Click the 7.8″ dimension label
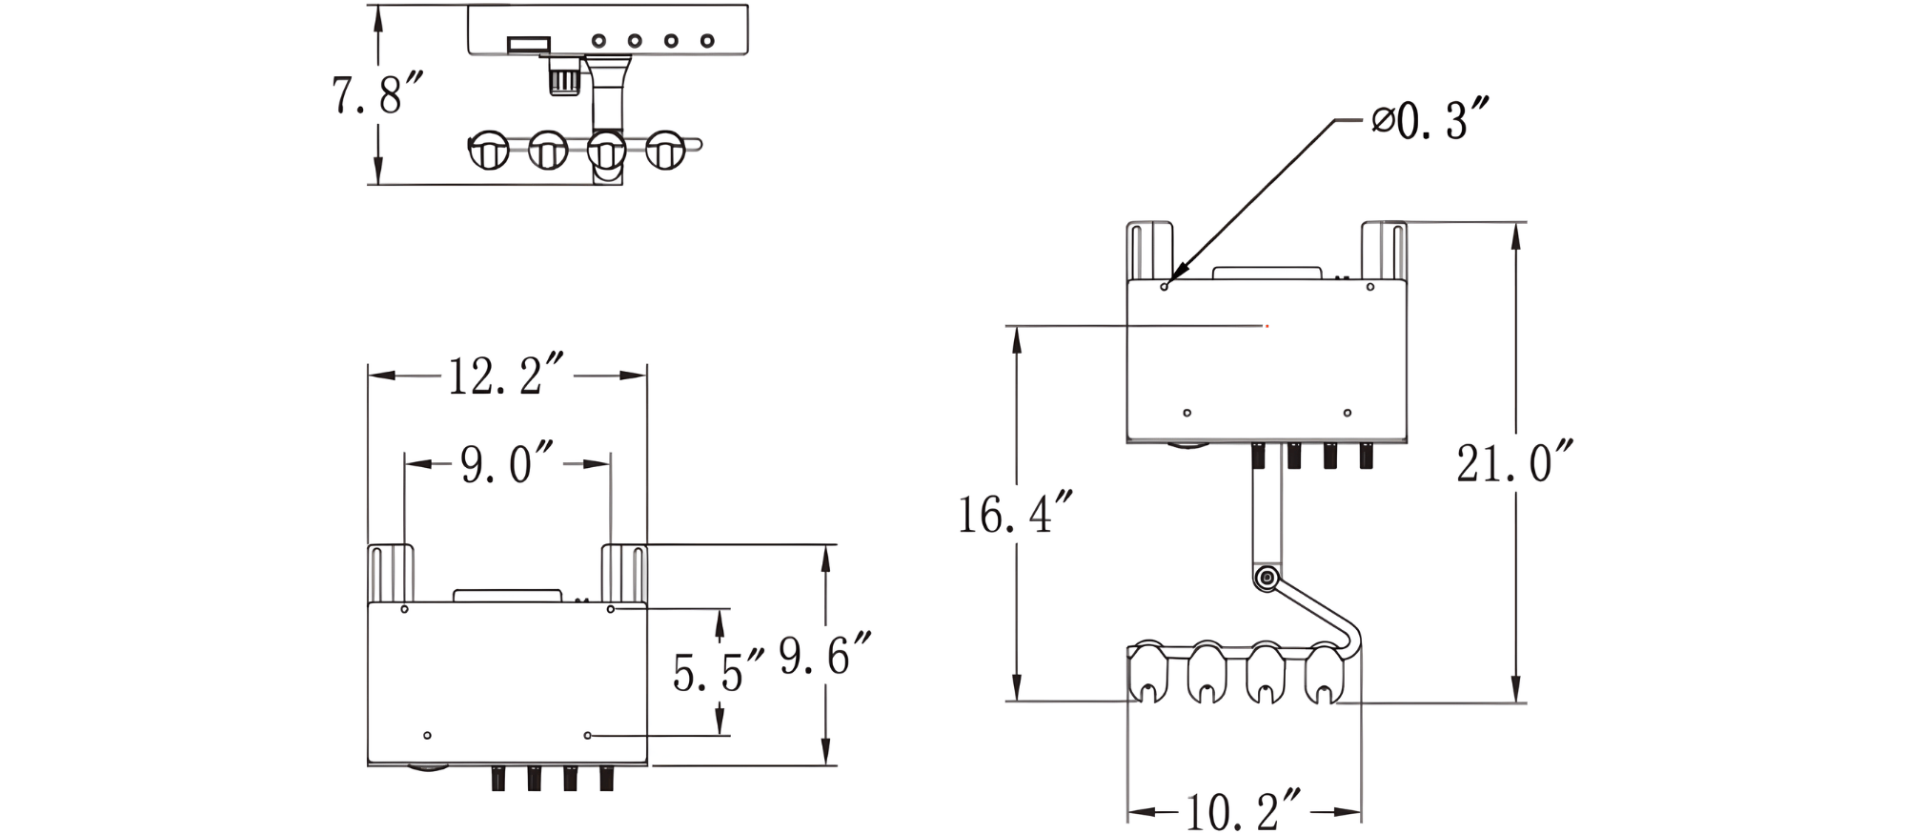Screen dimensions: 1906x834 pos(375,94)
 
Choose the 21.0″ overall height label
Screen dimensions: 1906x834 pos(1514,462)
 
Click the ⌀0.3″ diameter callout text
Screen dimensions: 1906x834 pos(1429,120)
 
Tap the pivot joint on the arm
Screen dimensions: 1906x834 pos(1267,578)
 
